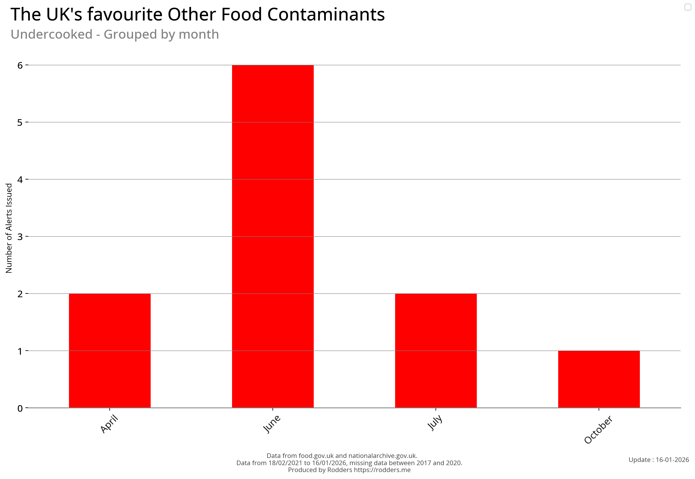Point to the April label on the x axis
(x=109, y=424)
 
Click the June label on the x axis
(x=272, y=424)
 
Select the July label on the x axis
(x=435, y=422)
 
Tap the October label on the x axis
(x=598, y=429)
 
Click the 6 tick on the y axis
(x=20, y=66)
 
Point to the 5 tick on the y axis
(x=20, y=122)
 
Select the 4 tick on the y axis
(x=20, y=179)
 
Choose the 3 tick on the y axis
(x=20, y=237)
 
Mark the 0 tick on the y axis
(x=20, y=408)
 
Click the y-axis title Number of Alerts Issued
(x=9, y=228)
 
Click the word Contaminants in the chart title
(x=326, y=14)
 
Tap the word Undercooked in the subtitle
(x=51, y=34)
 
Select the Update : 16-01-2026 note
(x=658, y=460)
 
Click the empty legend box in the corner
(x=687, y=7)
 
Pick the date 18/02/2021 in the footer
(x=285, y=463)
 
